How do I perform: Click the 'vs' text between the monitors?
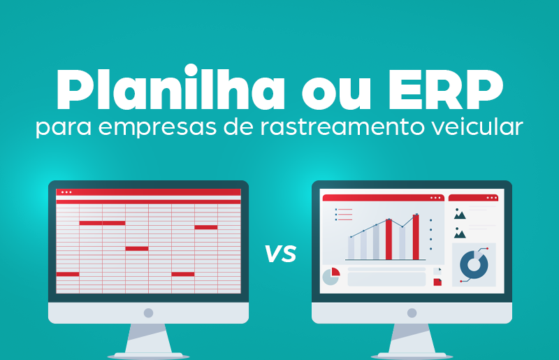[x=279, y=253]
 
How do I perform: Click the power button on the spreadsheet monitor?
[x=148, y=312]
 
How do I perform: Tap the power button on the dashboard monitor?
[x=412, y=312]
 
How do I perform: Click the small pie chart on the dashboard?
[x=331, y=276]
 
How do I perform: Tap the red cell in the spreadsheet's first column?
[x=68, y=274]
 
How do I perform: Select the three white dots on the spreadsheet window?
[x=66, y=192]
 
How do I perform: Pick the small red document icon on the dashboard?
[x=437, y=281]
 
